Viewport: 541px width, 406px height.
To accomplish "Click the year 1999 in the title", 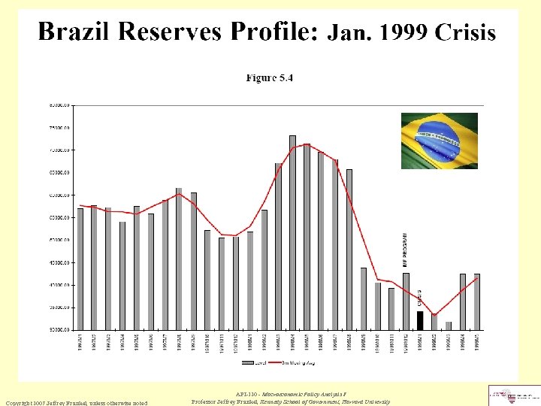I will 407,32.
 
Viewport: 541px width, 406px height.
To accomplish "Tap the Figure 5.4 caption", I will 270,77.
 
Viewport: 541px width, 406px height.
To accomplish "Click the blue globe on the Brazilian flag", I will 439,141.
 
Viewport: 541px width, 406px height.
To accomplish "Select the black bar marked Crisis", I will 420,320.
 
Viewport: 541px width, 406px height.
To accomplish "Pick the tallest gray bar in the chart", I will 292,232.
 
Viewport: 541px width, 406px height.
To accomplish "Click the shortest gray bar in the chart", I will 449,326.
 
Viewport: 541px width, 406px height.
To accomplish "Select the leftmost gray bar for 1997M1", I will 80,268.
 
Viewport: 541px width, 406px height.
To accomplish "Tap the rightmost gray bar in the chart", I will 476,301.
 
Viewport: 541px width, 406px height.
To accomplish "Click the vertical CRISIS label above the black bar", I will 419,298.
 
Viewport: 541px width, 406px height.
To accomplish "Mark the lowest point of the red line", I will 434,316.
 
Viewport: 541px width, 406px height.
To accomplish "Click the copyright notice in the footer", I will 78,402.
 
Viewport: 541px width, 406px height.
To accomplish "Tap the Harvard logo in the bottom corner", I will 514,395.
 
